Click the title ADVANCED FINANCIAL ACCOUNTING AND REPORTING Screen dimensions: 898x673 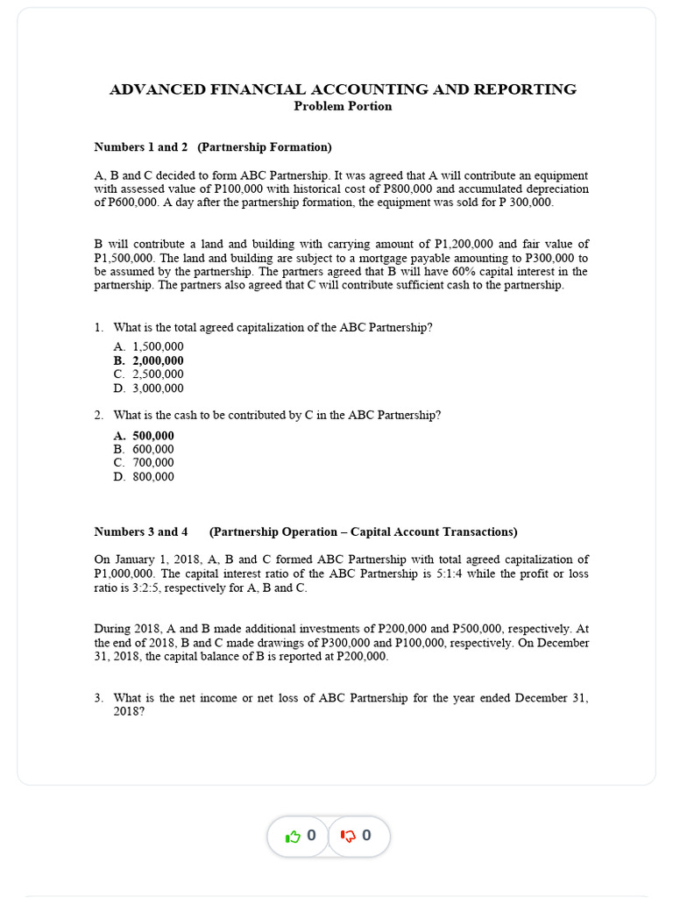343,89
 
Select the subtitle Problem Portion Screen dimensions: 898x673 343,106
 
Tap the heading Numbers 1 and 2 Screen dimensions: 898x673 141,147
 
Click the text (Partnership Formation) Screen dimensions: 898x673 265,147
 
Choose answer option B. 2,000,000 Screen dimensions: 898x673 148,360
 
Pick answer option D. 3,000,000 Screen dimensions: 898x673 148,388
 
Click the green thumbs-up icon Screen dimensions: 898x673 293,837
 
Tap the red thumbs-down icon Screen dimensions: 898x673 347,837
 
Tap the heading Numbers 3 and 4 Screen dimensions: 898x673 141,531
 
